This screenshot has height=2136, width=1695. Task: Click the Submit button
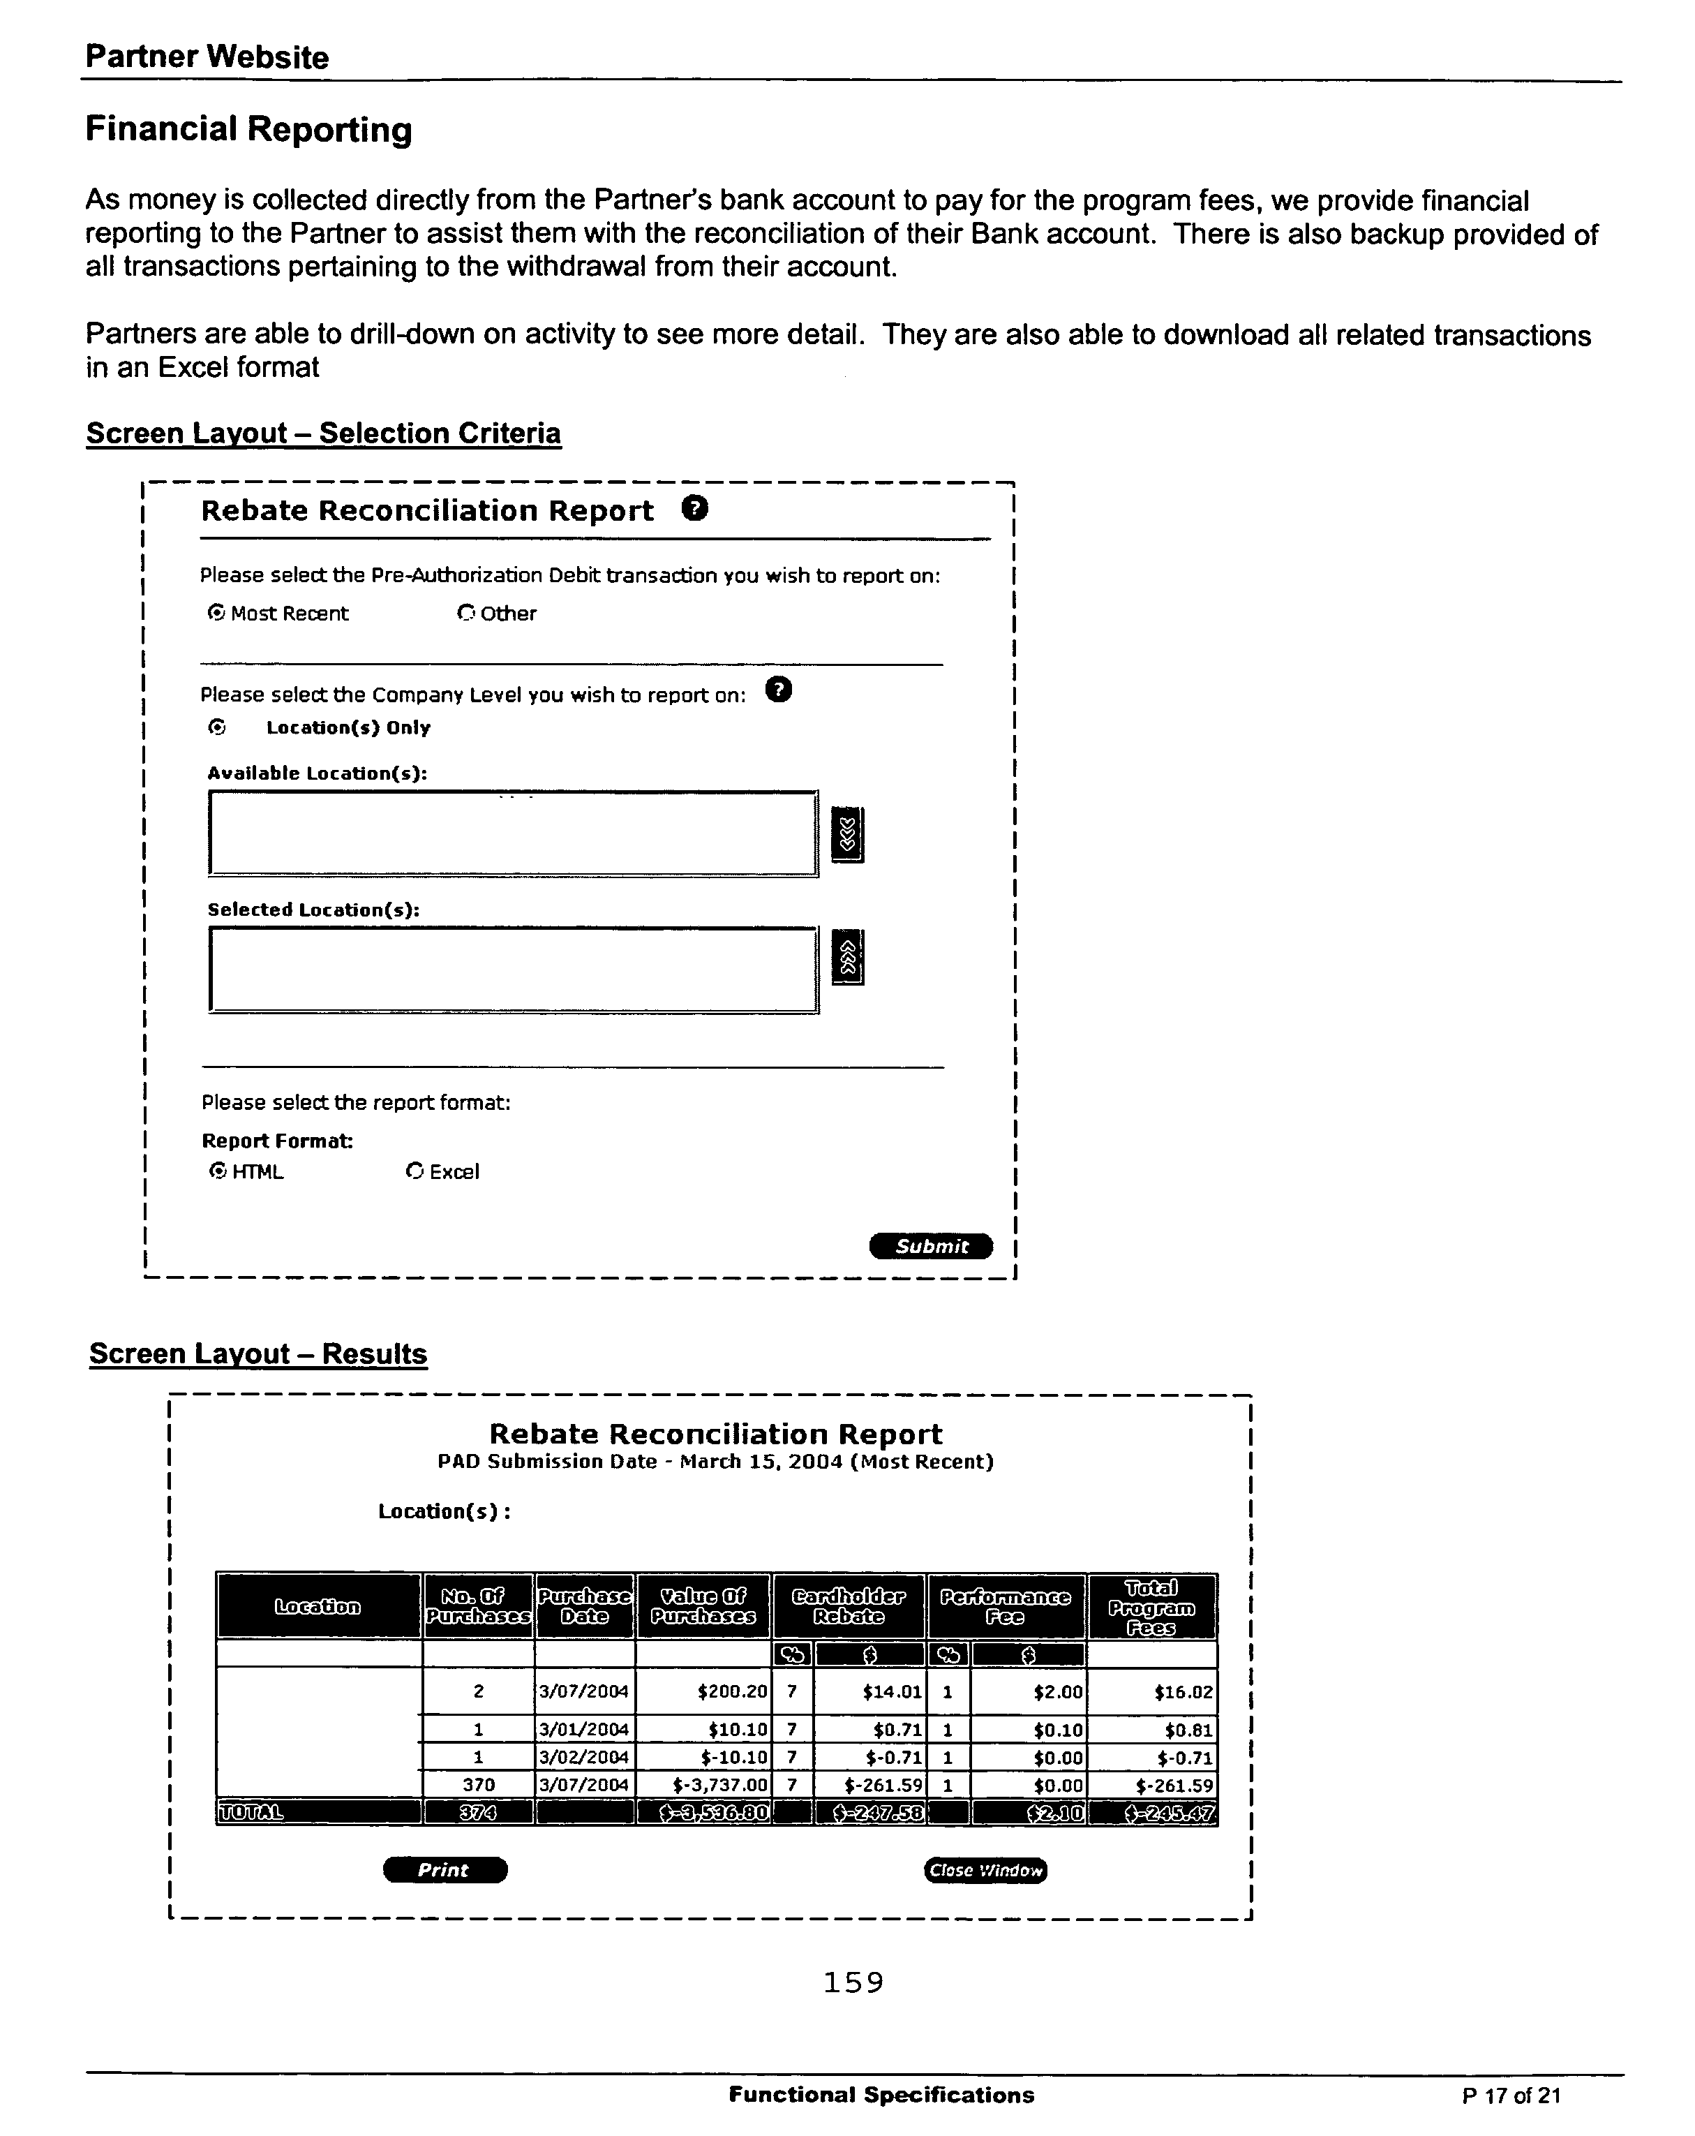coord(930,1246)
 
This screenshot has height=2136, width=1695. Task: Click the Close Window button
coord(985,1871)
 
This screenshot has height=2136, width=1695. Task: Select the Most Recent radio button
coord(216,614)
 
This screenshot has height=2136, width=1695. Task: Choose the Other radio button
coord(465,614)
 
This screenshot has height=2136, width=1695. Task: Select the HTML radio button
coord(218,1171)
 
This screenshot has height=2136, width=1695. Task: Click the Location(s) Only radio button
coord(217,727)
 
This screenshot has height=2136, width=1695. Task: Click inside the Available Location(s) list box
coord(512,833)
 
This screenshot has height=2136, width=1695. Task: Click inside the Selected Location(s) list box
coord(512,970)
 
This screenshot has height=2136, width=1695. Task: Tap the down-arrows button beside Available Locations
coord(847,834)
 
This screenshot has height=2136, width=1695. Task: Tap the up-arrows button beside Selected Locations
coord(847,957)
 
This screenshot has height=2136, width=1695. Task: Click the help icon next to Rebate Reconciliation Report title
coord(696,510)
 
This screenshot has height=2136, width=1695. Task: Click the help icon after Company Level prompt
coord(779,690)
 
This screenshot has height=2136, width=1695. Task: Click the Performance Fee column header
coord(1005,1606)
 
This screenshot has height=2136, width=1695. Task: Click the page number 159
coord(853,1982)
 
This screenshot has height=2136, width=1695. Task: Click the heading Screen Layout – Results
coord(257,1353)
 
